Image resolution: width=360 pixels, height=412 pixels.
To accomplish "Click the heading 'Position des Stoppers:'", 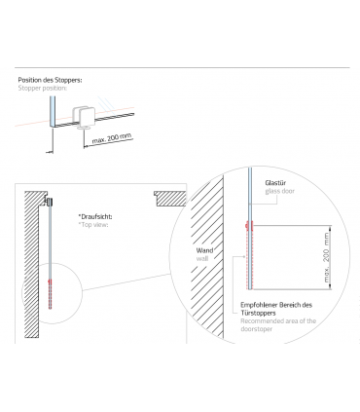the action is (50, 80).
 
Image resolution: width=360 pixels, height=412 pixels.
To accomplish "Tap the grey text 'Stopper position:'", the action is (43, 88).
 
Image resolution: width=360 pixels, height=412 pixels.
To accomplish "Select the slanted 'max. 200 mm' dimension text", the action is (112, 138).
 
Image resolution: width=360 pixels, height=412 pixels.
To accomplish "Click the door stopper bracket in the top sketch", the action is (84, 118).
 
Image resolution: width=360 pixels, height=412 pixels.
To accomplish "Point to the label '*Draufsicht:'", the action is (95, 216).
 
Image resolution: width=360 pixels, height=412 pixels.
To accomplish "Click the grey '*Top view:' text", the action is (93, 225).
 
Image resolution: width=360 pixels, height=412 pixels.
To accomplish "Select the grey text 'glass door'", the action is (279, 191).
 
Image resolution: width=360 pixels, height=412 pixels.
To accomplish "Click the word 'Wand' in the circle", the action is (204, 250).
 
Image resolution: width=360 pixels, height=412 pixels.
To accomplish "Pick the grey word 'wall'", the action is (202, 258).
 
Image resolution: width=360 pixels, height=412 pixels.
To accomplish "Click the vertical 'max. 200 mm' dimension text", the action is (326, 257).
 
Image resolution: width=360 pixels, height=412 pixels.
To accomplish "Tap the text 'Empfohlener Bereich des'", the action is (276, 305).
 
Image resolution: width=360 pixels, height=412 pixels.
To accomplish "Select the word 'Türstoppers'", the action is (258, 313).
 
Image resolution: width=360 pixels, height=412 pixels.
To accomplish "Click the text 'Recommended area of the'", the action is (278, 321).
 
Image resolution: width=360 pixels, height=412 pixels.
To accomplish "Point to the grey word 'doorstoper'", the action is (256, 329).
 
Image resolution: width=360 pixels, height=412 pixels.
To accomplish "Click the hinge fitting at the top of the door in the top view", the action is (49, 202).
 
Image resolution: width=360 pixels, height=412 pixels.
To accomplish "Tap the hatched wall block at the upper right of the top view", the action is (170, 199).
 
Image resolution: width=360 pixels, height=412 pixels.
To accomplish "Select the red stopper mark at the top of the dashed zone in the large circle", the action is (250, 226).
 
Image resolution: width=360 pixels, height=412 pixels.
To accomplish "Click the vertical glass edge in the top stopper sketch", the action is (52, 111).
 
